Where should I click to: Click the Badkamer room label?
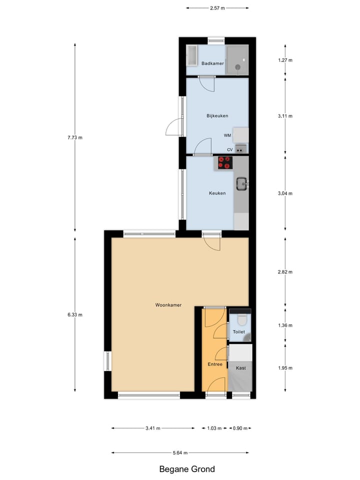click(x=212, y=63)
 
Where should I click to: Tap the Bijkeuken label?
click(x=217, y=116)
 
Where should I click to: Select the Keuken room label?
click(x=217, y=193)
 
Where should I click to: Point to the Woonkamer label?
click(x=168, y=305)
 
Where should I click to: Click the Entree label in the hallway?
click(x=215, y=364)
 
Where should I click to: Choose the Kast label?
click(x=240, y=368)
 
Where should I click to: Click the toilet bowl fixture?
click(x=242, y=320)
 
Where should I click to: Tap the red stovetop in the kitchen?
click(x=225, y=162)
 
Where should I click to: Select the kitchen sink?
click(x=242, y=183)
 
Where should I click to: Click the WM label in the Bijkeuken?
click(x=227, y=135)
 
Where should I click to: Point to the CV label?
click(x=230, y=149)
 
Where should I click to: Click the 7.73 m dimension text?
click(x=75, y=137)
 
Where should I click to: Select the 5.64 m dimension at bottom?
click(x=180, y=453)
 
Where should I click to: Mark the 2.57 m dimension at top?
click(x=217, y=8)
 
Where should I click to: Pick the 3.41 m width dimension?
click(x=153, y=428)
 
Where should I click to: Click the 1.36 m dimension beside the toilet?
click(x=285, y=325)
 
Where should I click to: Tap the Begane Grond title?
click(x=187, y=469)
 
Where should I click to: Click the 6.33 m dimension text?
click(x=75, y=314)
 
